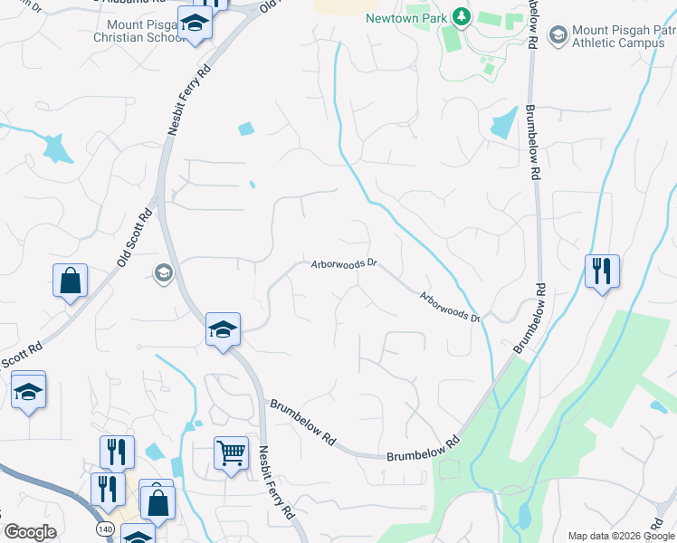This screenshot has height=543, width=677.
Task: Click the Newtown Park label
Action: coord(407,18)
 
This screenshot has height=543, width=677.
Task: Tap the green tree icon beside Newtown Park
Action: coord(462,16)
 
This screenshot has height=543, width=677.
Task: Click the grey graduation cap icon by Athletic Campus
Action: coord(558,34)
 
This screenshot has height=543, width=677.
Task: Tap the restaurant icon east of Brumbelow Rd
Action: coord(601,270)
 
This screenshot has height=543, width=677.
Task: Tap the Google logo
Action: coord(30,532)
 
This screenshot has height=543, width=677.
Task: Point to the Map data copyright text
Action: coord(620,536)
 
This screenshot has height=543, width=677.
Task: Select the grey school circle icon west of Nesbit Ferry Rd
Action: coord(163,272)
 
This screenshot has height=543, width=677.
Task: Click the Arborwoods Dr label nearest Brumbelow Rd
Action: coord(449,307)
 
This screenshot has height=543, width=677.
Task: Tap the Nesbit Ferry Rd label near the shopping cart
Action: coord(276,481)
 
